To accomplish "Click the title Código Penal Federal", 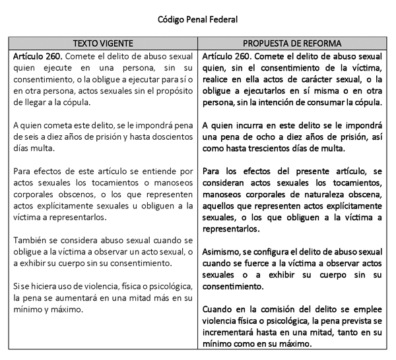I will point(197,19).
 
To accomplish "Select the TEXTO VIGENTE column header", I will point(102,43).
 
